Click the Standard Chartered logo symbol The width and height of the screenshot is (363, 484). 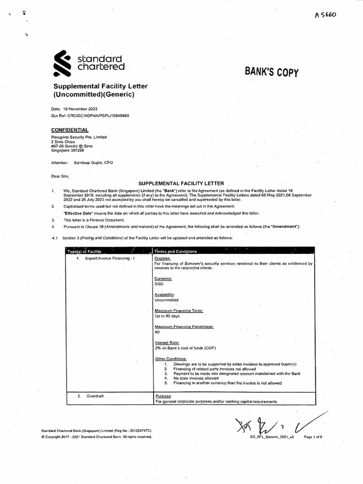[62, 65]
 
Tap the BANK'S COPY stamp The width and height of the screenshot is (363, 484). [271, 72]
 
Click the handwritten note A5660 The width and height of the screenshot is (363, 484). [327, 16]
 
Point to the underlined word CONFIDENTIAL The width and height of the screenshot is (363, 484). [69, 130]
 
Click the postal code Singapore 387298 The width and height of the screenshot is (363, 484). [68, 150]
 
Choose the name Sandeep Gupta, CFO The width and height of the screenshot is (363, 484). [93, 163]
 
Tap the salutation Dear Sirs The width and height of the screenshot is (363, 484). [60, 176]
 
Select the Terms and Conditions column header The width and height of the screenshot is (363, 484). [175, 251]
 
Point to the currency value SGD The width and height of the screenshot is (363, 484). [159, 284]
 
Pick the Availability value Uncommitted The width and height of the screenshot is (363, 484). [166, 300]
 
